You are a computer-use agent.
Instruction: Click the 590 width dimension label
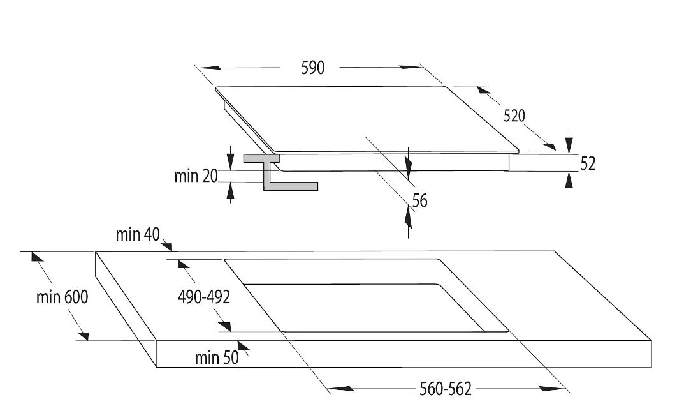(x=313, y=68)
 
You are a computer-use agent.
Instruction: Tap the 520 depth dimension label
(x=514, y=116)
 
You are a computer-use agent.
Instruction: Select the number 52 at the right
(x=588, y=163)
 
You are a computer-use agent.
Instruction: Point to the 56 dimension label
(x=419, y=200)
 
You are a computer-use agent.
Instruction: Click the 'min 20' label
(x=196, y=176)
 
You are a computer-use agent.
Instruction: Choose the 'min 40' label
(x=137, y=235)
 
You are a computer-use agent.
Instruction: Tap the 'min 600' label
(x=62, y=297)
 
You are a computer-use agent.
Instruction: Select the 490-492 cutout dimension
(x=204, y=297)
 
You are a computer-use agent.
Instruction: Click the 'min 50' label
(x=216, y=357)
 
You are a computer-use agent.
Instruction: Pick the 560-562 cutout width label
(x=446, y=389)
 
